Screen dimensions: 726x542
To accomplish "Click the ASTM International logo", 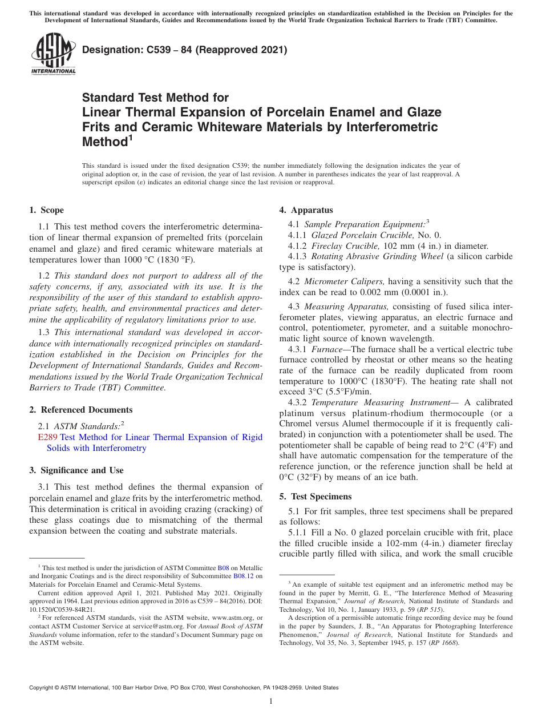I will pos(53,54).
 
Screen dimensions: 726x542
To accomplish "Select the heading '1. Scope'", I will pos(47,210).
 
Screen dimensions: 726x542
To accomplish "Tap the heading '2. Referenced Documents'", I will pos(81,410).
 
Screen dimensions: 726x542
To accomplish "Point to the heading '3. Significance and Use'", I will pos(76,470).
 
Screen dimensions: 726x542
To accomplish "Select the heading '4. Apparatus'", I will pos(306,210).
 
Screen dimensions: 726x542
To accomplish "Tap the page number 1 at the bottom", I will pos(271,701).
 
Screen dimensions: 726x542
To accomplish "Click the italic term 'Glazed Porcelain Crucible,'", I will pos(360,235).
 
